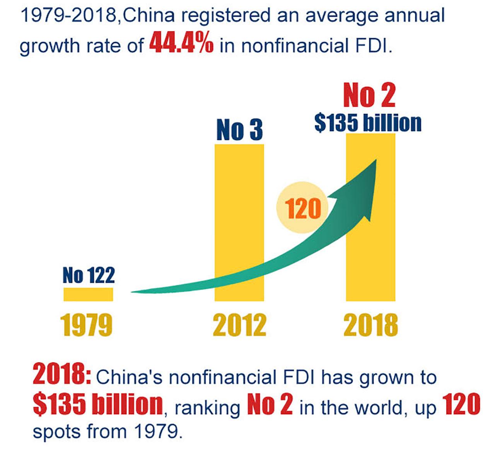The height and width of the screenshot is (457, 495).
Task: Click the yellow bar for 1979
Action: coord(88,294)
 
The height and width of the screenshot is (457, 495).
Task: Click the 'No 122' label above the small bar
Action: coord(89,275)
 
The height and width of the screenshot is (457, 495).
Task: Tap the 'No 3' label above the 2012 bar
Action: coord(239,130)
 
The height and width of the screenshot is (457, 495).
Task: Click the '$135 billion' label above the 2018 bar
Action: coord(368,123)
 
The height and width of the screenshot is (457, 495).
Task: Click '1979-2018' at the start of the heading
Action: coord(68,16)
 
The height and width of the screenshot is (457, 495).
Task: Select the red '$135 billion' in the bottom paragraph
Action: coord(97,403)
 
